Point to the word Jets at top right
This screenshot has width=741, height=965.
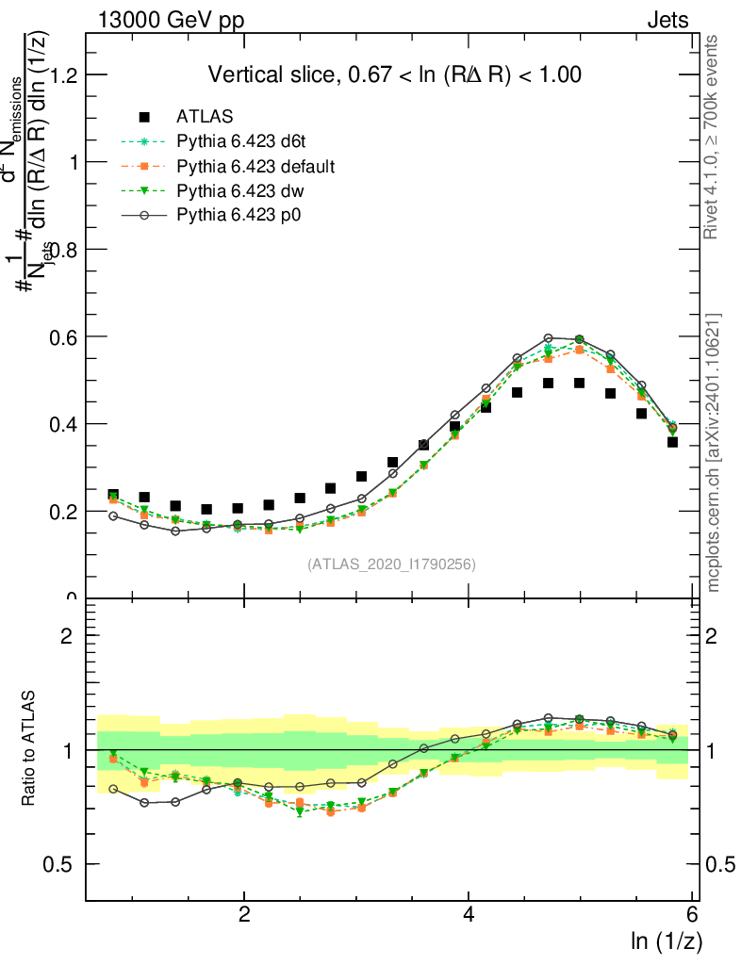pyautogui.click(x=667, y=21)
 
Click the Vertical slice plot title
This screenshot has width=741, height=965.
pyautogui.click(x=394, y=74)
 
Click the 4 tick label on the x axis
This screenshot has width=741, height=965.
pyautogui.click(x=469, y=913)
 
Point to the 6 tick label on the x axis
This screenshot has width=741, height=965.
pyautogui.click(x=691, y=913)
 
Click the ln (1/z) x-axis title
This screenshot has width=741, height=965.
pyautogui.click(x=667, y=940)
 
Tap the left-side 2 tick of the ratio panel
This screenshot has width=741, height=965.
pyautogui.click(x=68, y=635)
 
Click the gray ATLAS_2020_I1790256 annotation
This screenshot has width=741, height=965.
pyautogui.click(x=391, y=564)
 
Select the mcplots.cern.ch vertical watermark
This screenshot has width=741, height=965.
pyautogui.click(x=713, y=452)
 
